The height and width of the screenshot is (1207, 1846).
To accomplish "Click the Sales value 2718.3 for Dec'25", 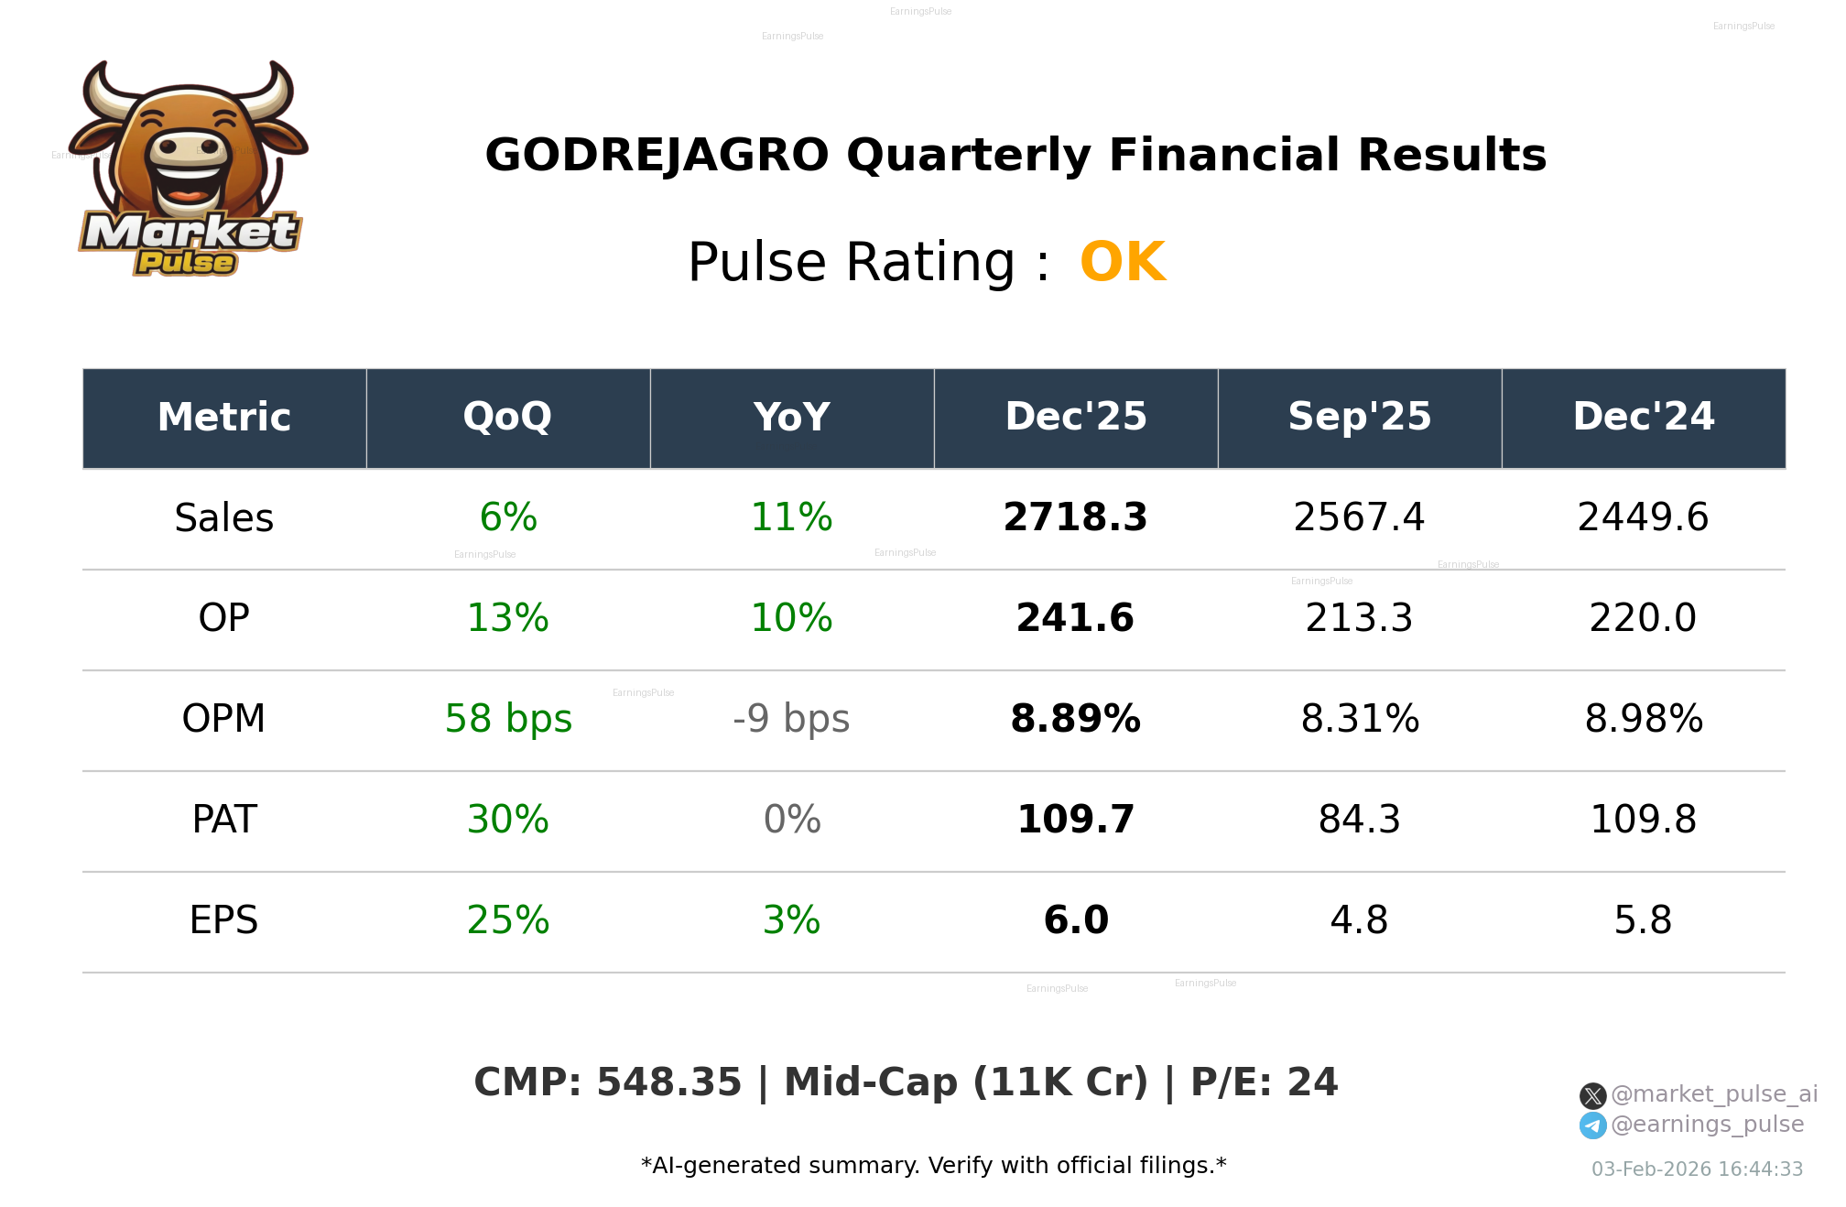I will click(x=1075, y=517).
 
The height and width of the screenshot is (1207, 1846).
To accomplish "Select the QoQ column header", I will click(x=507, y=418).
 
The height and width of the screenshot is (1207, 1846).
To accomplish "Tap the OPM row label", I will click(x=223, y=719).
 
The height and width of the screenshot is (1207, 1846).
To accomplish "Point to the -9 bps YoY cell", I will click(x=791, y=719).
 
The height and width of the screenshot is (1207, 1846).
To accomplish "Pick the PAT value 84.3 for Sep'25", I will click(x=1359, y=820).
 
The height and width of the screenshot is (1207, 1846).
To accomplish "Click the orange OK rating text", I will click(x=1123, y=263).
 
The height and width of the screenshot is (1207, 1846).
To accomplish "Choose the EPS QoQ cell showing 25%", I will click(x=507, y=920).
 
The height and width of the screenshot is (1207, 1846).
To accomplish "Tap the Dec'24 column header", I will click(x=1643, y=418).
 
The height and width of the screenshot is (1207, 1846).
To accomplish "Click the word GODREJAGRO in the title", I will click(x=657, y=156).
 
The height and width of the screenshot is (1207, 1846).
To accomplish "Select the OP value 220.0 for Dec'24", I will click(x=1643, y=618).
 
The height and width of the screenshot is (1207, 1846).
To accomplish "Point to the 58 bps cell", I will click(x=507, y=719).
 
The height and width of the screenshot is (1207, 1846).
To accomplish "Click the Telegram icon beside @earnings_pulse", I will click(x=1592, y=1125).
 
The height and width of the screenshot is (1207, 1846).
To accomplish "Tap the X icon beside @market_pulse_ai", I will click(x=1592, y=1095).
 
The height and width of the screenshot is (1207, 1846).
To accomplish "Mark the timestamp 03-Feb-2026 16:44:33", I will click(x=1697, y=1169).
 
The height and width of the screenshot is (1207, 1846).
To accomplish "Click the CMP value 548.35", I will click(x=668, y=1082).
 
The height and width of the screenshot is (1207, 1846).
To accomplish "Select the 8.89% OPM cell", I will click(x=1075, y=719).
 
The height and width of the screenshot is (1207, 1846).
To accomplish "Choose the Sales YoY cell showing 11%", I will click(x=791, y=517).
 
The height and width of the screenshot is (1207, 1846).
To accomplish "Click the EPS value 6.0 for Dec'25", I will click(x=1075, y=920).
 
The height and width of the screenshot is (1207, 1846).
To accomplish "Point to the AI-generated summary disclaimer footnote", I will click(x=933, y=1166).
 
